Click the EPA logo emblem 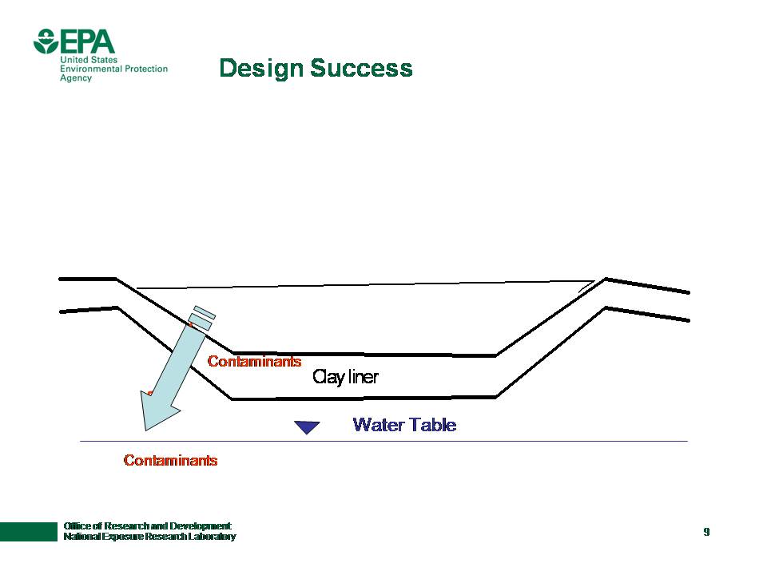46,41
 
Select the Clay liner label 345,377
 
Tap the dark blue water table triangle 307,427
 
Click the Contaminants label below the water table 170,461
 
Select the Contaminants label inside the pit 254,362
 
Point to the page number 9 706,532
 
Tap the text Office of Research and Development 147,525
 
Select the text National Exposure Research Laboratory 149,537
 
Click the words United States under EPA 89,60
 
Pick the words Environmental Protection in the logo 113,69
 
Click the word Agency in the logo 76,78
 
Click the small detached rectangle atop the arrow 205,311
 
